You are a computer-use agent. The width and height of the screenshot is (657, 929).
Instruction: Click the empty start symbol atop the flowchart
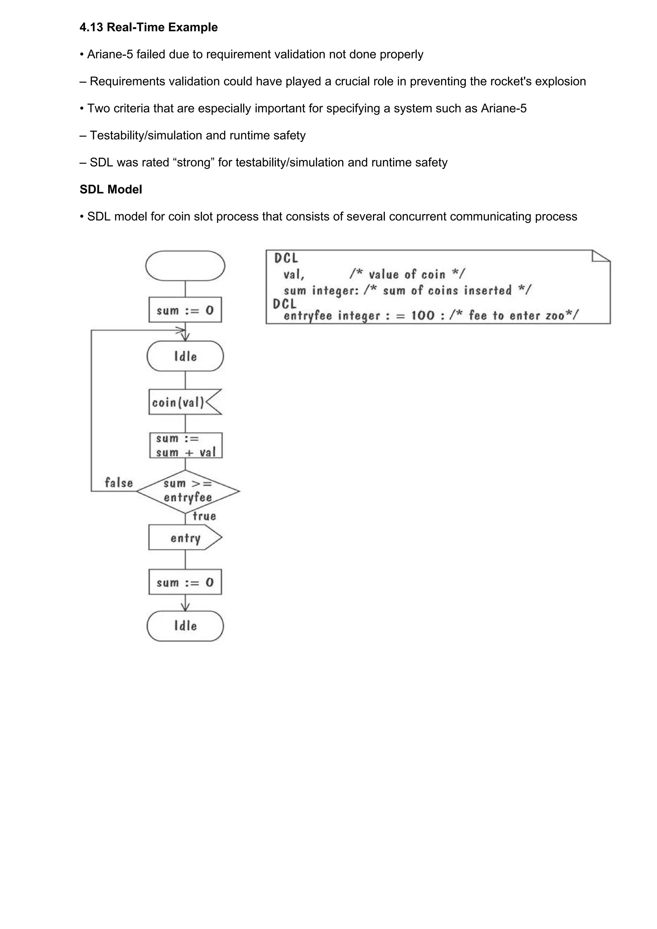(x=185, y=266)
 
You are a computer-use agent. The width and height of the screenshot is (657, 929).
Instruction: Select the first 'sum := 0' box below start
(x=185, y=310)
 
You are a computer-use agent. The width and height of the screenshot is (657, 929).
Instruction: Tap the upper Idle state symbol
(x=185, y=356)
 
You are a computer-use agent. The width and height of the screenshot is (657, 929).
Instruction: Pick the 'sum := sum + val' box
(x=186, y=446)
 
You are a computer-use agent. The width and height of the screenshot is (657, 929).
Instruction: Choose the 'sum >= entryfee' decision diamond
(x=188, y=491)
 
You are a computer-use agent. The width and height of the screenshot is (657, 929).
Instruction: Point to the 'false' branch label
(x=119, y=483)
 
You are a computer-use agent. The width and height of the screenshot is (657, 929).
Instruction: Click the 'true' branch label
(x=204, y=516)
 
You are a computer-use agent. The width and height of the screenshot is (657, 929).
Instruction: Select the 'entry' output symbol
(x=185, y=538)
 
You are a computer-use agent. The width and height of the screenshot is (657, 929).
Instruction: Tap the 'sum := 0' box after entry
(x=185, y=582)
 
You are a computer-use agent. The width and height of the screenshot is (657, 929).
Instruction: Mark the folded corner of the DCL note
(x=602, y=256)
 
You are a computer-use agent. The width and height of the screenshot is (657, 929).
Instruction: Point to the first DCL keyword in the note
(x=286, y=258)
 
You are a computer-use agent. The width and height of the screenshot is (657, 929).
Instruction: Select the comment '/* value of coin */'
(x=407, y=274)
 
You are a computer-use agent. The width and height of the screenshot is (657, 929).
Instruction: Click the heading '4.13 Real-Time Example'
(x=149, y=28)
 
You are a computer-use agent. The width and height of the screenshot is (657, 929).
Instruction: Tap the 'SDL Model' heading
(x=110, y=189)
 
